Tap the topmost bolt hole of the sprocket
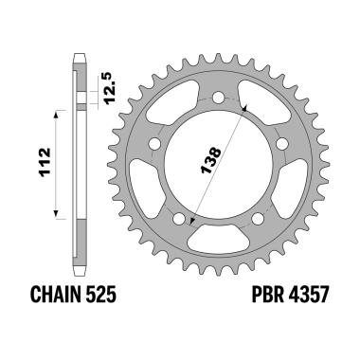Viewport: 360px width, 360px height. (220, 97)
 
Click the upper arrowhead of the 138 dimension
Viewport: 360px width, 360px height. (245, 109)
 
